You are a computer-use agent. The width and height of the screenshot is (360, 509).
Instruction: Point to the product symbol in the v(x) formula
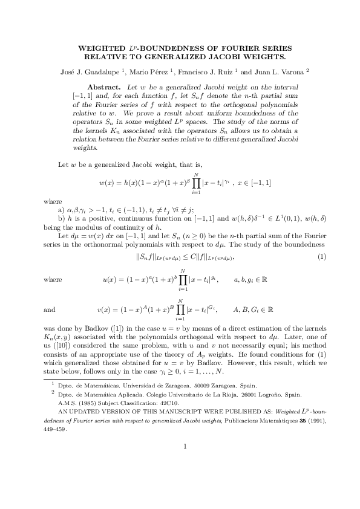click(x=178, y=310)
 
